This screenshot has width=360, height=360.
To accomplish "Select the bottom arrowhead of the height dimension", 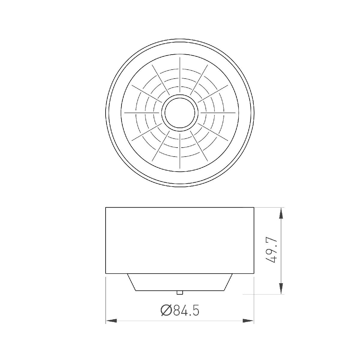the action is [281, 288].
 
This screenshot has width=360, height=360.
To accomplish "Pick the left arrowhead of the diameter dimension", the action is [111, 321].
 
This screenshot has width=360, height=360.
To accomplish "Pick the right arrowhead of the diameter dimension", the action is [248, 321].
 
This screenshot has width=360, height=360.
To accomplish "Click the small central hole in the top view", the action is [180, 113].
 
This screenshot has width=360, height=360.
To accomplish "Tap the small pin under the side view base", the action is [179, 292].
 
